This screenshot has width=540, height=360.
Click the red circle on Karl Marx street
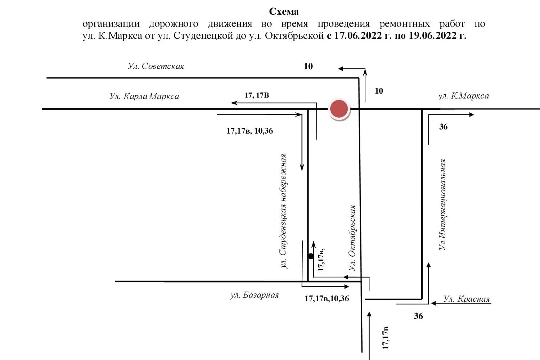coord(339,108)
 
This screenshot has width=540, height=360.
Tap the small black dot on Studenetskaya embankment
coord(311,256)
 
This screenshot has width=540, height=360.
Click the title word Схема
coord(284,12)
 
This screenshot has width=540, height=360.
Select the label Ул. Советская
coord(156,66)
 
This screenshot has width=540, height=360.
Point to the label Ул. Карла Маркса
coord(144,96)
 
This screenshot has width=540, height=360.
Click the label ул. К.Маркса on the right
coord(463,96)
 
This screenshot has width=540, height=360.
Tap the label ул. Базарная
coord(254,295)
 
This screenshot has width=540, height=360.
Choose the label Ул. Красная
coord(466,299)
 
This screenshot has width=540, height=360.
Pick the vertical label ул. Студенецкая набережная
coord(284,211)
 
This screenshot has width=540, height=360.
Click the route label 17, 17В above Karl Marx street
coord(257,95)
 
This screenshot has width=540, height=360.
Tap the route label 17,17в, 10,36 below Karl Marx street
coord(249,131)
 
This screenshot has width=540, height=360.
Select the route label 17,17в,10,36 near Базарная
coord(327,298)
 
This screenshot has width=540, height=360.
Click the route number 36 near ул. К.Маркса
coord(443,127)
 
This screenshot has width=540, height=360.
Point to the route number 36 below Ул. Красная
coord(418,316)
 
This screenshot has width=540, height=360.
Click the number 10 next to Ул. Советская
coord(308,66)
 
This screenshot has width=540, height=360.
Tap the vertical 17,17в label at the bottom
coord(386,338)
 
